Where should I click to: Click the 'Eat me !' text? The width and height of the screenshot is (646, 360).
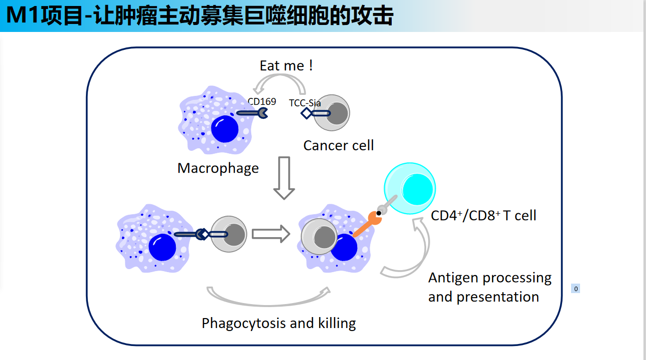tap(286, 65)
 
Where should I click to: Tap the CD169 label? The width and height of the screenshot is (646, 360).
tap(262, 101)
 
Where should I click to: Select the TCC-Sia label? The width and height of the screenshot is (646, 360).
tap(305, 103)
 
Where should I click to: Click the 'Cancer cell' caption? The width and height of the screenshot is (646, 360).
tap(338, 145)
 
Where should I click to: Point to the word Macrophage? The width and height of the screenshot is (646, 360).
tap(218, 168)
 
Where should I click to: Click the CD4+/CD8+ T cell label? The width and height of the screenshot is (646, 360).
tap(483, 215)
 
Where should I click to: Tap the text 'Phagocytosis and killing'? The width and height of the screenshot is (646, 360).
tap(279, 323)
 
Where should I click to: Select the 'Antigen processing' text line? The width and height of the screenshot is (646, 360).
tap(490, 278)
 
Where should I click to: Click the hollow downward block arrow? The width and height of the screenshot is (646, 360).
tap(284, 178)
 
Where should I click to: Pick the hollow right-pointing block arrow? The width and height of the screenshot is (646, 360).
tap(270, 233)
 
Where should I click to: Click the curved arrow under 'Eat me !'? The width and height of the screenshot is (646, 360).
tap(279, 82)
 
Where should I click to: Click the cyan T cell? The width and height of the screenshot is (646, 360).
tap(410, 188)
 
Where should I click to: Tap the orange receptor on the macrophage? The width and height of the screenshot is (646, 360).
tap(366, 224)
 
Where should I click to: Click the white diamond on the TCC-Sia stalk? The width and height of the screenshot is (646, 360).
tap(306, 113)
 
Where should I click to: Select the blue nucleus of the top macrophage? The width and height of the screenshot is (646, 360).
tap(224, 128)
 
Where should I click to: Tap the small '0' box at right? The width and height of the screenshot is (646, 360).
tap(576, 289)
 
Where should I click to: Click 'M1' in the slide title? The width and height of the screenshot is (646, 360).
tap(23, 16)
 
